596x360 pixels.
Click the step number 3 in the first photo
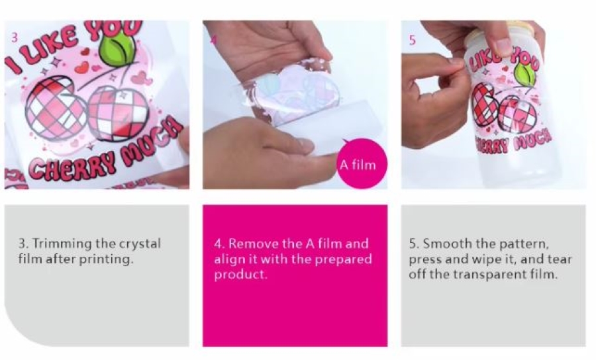point(14,38)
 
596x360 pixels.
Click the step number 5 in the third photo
point(413,40)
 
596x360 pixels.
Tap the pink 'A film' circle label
point(362,163)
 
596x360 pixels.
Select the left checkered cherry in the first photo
point(52,108)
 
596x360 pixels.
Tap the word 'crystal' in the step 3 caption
point(140,244)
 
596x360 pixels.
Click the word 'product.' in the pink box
point(240,275)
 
